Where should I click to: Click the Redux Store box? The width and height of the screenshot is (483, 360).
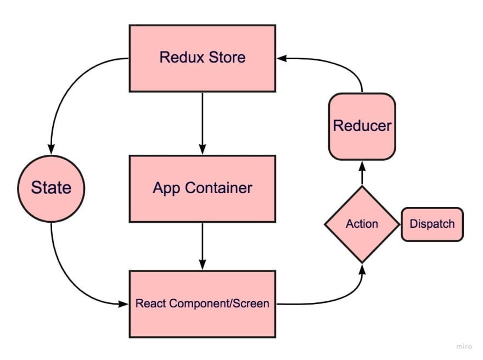202,58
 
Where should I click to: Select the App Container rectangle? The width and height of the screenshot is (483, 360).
202,188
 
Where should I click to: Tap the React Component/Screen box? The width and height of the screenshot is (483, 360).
202,303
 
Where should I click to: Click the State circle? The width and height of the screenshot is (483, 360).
51,188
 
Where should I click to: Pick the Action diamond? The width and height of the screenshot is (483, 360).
362,224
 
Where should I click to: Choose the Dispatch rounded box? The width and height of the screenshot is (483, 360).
432,224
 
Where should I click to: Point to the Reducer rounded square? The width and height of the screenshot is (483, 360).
362,126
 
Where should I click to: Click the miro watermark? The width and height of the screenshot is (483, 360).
464,346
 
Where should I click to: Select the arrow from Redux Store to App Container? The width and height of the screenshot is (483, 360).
203,121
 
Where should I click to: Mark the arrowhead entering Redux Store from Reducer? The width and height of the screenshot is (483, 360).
280,57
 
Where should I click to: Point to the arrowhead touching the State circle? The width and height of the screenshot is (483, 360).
51,149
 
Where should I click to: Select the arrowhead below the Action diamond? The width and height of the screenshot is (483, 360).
362,268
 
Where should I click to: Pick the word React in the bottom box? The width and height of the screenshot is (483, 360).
149,303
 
